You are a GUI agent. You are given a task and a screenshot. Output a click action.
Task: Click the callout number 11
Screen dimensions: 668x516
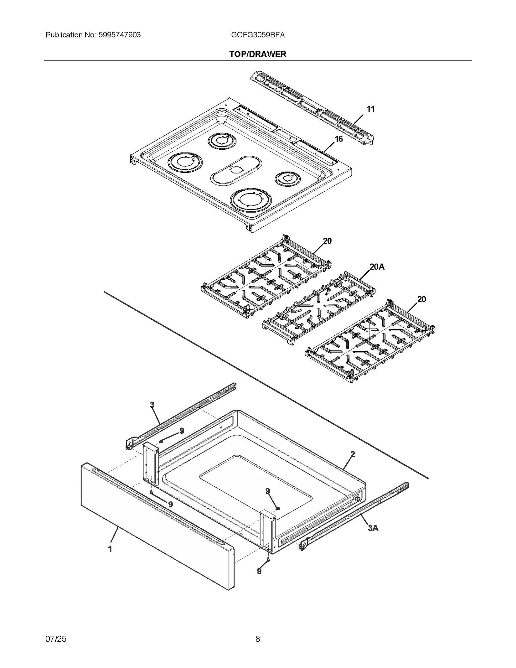371,109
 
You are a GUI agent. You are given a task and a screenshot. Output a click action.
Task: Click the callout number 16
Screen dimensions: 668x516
338,139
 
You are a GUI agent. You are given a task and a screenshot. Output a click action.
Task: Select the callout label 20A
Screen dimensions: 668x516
377,267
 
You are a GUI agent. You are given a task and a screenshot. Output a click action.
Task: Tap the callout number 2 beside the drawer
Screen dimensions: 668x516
353,454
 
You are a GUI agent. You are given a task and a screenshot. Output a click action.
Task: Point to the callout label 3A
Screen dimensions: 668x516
373,528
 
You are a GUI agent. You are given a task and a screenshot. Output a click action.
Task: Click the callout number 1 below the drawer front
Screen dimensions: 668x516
110,549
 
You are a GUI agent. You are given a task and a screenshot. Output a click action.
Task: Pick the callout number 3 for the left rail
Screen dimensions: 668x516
152,405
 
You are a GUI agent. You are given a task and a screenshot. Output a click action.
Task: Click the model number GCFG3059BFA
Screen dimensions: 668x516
258,35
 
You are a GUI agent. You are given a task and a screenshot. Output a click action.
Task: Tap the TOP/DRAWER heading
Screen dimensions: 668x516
258,54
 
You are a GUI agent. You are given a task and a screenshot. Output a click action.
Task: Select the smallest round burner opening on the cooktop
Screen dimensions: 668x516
288,178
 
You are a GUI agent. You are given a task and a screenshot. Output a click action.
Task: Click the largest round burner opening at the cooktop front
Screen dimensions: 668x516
251,201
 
